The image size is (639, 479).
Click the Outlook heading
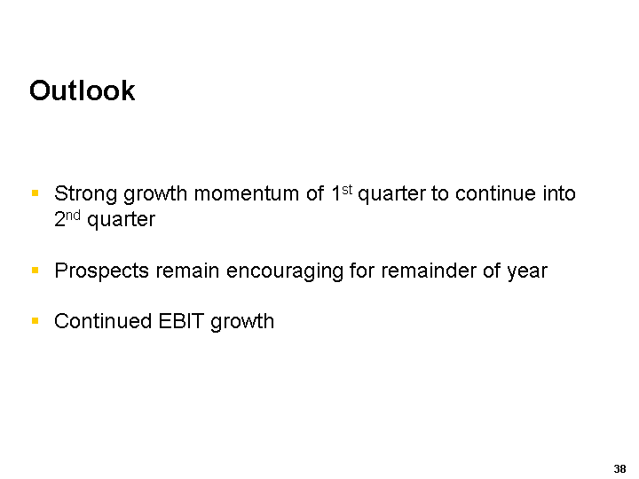pyautogui.click(x=82, y=90)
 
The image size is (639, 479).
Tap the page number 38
pyautogui.click(x=619, y=469)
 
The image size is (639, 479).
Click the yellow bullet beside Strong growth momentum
pyautogui.click(x=35, y=193)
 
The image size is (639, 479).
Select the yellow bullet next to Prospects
pyautogui.click(x=35, y=270)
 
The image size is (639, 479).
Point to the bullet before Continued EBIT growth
pyautogui.click(x=35, y=321)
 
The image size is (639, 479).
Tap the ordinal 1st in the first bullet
pyautogui.click(x=342, y=192)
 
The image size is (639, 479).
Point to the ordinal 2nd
pyautogui.click(x=67, y=219)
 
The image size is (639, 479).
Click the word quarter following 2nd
pyautogui.click(x=121, y=220)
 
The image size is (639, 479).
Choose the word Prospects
pyautogui.click(x=101, y=271)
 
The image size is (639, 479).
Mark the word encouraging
pyautogui.click(x=285, y=271)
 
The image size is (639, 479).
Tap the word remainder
pyautogui.click(x=429, y=271)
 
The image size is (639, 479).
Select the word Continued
pyautogui.click(x=103, y=321)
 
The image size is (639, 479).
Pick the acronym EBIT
pyautogui.click(x=181, y=321)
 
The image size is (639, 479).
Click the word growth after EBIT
pyautogui.click(x=242, y=322)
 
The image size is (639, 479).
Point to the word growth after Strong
pyautogui.click(x=155, y=194)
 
